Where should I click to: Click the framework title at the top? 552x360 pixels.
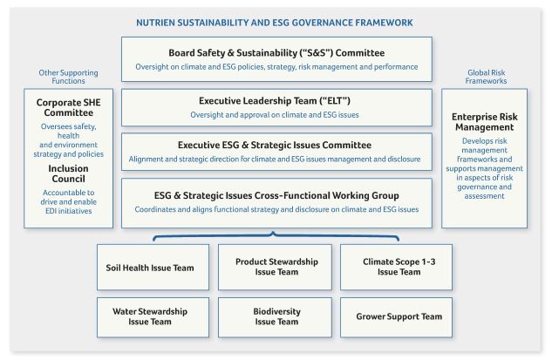point(274,23)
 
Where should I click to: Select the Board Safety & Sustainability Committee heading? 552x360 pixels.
point(276,53)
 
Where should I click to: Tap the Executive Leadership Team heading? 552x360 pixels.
point(275,101)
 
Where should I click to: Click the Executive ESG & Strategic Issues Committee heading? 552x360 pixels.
point(275,145)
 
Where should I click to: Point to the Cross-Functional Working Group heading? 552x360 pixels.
point(276,195)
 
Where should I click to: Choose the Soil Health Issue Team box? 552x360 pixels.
point(153,268)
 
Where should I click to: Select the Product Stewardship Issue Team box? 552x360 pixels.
point(275,268)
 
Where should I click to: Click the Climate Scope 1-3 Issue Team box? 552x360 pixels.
point(397,268)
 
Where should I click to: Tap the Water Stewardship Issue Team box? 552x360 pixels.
point(153,317)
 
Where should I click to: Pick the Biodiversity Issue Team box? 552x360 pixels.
point(275,317)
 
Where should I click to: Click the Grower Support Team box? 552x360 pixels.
point(397,317)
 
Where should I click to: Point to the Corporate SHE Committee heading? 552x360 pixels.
point(69,108)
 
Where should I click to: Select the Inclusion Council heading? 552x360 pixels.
point(69,173)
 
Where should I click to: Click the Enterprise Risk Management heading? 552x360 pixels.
point(484,122)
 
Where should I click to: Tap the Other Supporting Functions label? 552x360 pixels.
point(68,77)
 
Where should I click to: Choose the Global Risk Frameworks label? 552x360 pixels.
point(487,77)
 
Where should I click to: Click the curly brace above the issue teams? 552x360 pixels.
point(276,235)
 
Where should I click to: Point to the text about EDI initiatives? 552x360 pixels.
point(68,201)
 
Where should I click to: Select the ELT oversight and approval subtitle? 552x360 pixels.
point(275,115)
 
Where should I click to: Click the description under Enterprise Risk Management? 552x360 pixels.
point(484,168)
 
